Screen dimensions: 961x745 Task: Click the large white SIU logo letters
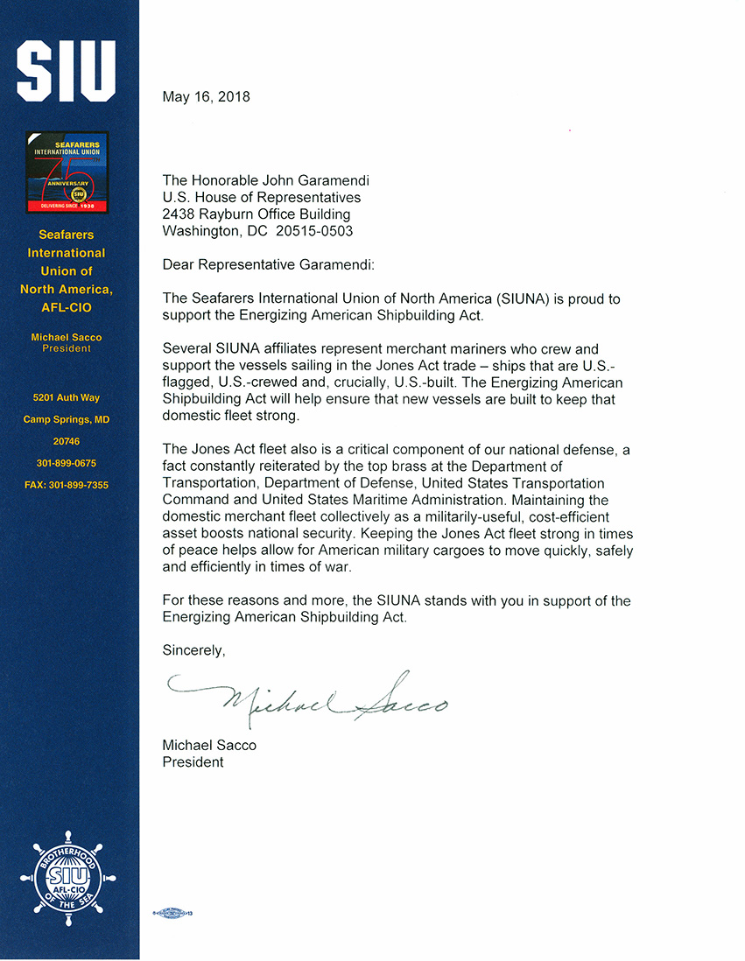click(x=67, y=69)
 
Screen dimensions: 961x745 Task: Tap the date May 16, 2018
click(x=206, y=97)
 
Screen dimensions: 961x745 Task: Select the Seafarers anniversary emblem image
click(x=67, y=172)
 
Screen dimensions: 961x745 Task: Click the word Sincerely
click(x=193, y=650)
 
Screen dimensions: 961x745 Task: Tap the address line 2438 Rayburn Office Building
click(x=257, y=214)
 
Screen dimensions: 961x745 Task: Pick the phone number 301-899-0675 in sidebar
click(x=67, y=463)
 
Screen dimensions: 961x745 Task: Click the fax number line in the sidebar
click(x=67, y=485)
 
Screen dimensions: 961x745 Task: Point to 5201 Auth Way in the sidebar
click(x=67, y=398)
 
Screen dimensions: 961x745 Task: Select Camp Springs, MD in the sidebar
click(x=67, y=420)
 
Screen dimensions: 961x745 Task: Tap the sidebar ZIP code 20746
click(x=67, y=442)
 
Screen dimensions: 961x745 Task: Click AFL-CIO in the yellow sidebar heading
click(x=67, y=307)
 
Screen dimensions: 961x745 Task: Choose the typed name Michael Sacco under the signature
click(x=209, y=745)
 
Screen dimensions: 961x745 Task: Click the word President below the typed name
click(x=193, y=762)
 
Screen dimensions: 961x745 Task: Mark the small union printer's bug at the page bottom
click(x=172, y=913)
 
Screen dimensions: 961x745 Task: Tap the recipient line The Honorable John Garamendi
click(x=266, y=181)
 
